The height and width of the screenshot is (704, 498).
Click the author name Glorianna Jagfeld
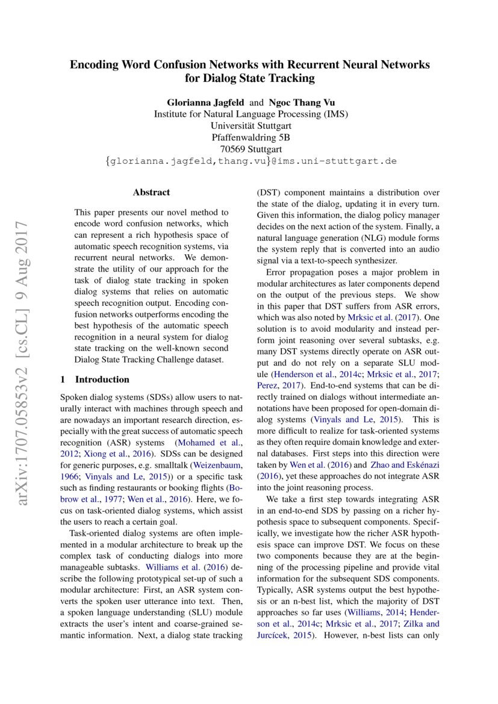click(x=205, y=102)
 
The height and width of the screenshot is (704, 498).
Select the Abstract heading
click(x=151, y=193)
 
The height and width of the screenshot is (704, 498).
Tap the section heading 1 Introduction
click(x=95, y=379)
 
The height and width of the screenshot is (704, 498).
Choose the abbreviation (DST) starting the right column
click(x=267, y=193)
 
